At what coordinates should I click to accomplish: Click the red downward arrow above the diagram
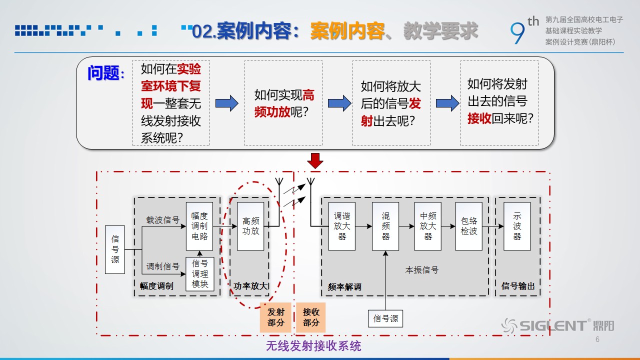(x=315, y=161)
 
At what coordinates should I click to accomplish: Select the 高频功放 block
(x=250, y=226)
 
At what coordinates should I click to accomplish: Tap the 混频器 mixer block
(x=385, y=226)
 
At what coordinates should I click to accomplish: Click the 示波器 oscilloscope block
(x=517, y=226)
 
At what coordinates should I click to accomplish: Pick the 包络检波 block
(x=469, y=226)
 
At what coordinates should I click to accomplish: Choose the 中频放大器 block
(x=427, y=226)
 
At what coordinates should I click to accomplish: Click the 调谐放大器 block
(x=342, y=226)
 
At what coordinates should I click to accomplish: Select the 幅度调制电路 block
(x=199, y=226)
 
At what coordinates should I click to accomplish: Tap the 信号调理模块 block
(x=199, y=274)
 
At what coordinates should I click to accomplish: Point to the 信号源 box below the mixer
(x=385, y=318)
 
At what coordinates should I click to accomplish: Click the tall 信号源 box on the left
(x=115, y=249)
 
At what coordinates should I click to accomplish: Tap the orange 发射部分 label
(x=275, y=317)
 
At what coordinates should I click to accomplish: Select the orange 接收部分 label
(x=311, y=317)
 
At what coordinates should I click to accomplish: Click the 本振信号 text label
(x=421, y=269)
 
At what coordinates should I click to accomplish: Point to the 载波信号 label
(x=163, y=219)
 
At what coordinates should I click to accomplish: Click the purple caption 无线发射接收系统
(x=313, y=346)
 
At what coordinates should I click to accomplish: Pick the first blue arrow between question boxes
(x=227, y=103)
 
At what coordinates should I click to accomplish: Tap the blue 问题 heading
(x=105, y=73)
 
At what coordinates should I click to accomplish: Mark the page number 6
(x=597, y=339)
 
